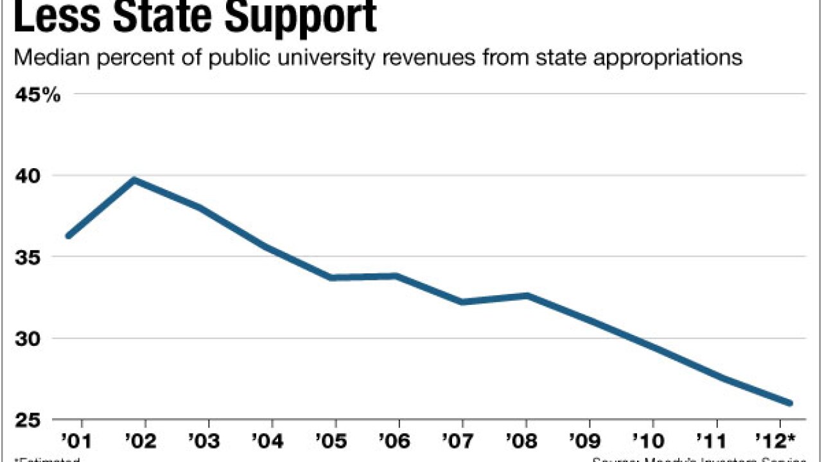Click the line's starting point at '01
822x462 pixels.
[69, 235]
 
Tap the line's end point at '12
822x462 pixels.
[789, 403]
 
